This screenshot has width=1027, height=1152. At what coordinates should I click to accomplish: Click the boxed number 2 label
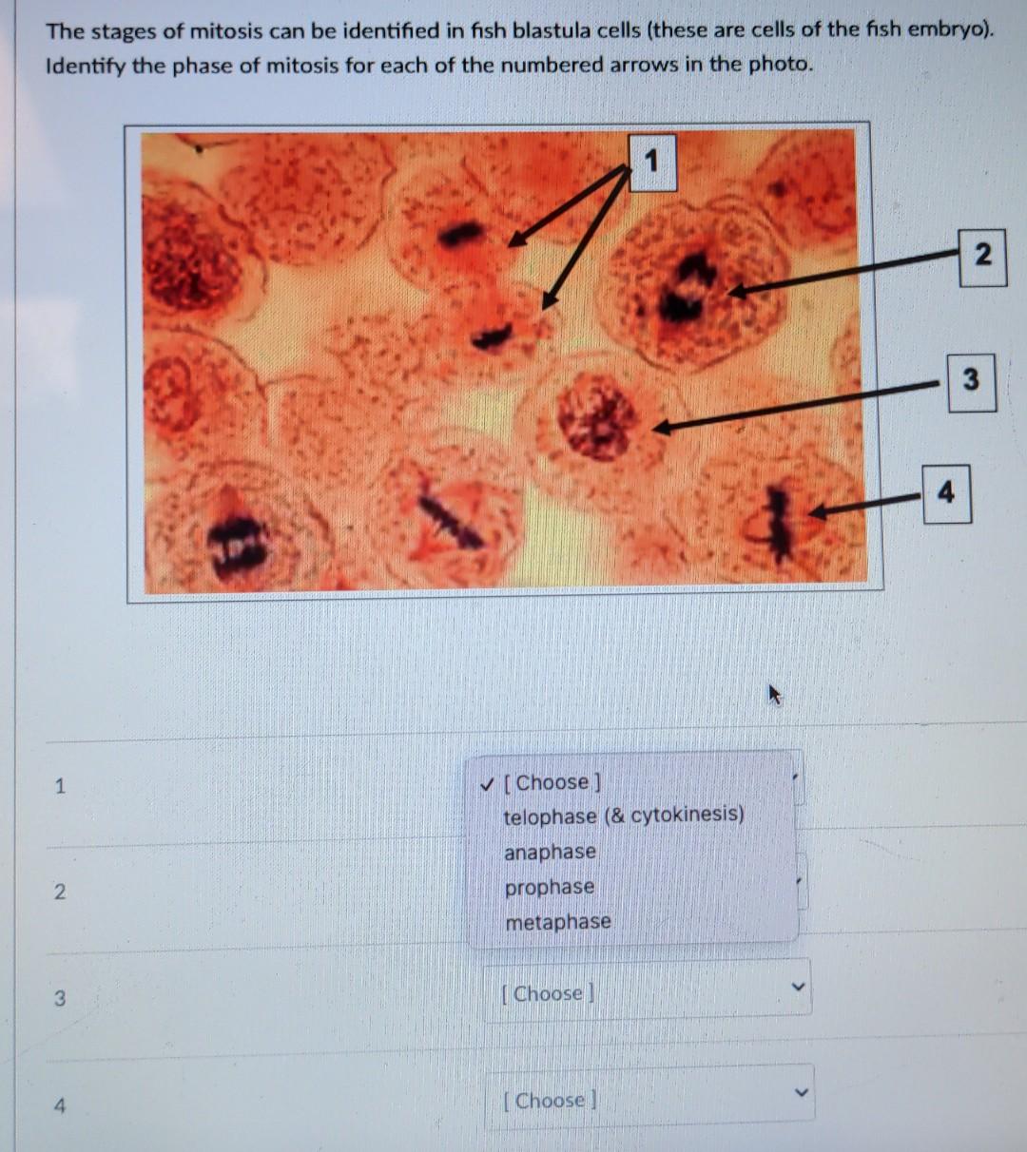point(982,254)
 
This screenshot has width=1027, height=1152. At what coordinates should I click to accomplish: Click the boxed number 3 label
point(970,380)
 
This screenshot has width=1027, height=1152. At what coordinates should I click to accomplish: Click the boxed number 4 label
point(946,493)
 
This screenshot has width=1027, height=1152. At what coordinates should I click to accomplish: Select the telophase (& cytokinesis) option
point(624,816)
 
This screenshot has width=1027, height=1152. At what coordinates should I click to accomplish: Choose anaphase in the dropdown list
point(550,852)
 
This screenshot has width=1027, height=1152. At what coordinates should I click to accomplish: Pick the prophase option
point(549,887)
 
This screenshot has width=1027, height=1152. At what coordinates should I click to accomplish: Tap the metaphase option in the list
point(557,922)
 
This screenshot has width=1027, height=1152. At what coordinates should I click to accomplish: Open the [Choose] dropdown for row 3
point(647,993)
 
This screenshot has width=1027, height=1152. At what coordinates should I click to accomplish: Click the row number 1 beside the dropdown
point(60,786)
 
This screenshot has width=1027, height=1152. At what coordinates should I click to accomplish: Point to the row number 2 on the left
point(60,892)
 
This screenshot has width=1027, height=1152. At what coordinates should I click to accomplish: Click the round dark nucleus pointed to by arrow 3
point(596,417)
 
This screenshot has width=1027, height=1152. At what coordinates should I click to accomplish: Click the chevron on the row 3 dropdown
point(799,989)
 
